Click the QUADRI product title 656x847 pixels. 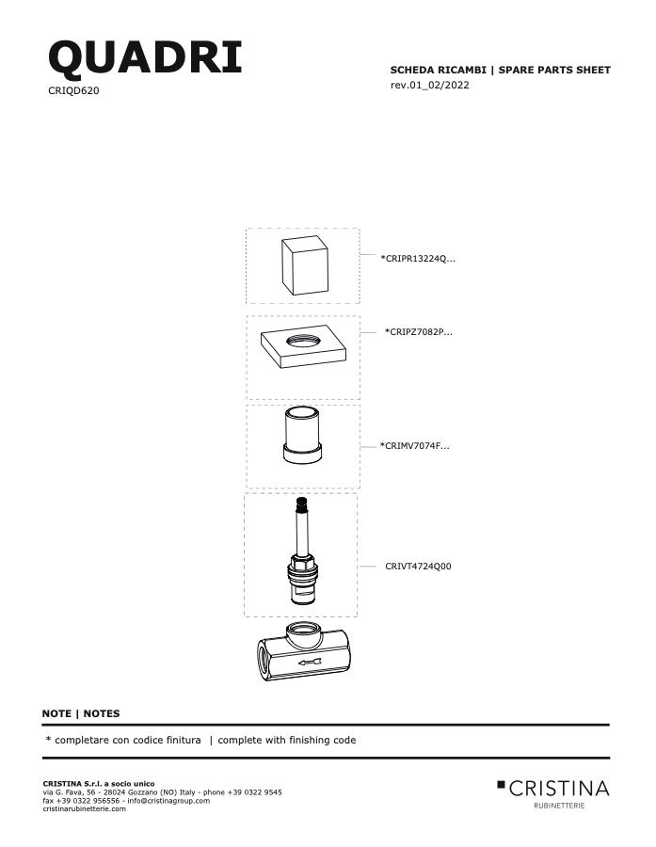(x=145, y=57)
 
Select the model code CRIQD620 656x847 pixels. (x=73, y=90)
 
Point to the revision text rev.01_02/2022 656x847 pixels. (x=429, y=85)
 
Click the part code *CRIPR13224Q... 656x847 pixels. (x=418, y=258)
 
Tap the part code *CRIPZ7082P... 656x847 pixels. (x=418, y=331)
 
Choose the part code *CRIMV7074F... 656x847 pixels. (x=414, y=446)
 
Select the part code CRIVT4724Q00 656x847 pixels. (x=418, y=567)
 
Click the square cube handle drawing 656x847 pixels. (x=305, y=265)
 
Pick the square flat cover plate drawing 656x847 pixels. (x=303, y=346)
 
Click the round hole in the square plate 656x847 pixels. (x=303, y=341)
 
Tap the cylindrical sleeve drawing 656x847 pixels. (x=302, y=435)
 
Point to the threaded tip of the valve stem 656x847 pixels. (x=301, y=505)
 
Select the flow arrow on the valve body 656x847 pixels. (x=310, y=663)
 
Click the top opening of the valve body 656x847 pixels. (x=303, y=629)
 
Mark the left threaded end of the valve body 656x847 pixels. (x=264, y=660)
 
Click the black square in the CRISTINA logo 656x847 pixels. (x=501, y=784)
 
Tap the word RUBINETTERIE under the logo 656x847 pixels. (x=559, y=806)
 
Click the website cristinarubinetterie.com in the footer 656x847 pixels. (x=85, y=808)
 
